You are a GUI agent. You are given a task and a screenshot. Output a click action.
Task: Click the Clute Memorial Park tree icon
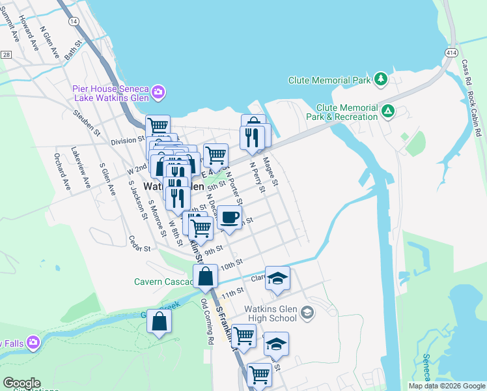tap(381, 80)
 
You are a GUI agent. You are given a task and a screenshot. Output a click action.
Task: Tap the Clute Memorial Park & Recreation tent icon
tap(389, 111)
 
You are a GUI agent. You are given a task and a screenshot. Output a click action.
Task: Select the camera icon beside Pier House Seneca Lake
tap(158, 93)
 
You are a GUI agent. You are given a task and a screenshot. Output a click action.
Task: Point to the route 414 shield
tap(451, 51)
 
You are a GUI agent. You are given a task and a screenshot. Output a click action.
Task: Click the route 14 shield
tap(74, 22)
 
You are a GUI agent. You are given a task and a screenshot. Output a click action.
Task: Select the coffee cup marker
tap(229, 218)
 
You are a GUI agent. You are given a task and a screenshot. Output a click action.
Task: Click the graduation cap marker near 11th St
tap(278, 278)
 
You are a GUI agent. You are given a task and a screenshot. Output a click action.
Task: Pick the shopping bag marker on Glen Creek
tap(160, 321)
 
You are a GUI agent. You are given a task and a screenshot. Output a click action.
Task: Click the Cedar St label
tap(139, 244)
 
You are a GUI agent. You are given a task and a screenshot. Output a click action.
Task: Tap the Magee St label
tap(270, 173)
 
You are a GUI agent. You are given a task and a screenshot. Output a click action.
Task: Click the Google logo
tap(21, 383)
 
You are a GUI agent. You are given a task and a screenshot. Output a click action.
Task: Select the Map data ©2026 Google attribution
tap(446, 386)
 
